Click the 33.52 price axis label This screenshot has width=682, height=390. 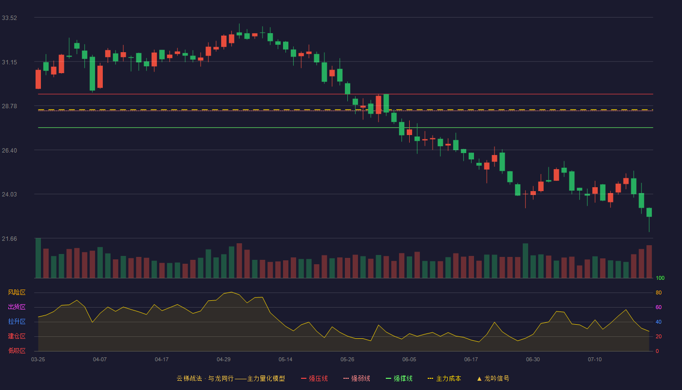[9, 18]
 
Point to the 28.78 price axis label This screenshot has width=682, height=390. [9, 106]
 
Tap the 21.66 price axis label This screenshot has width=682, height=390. [9, 239]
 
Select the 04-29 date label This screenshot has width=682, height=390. [224, 360]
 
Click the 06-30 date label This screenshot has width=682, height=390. [533, 360]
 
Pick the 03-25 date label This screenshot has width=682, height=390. [38, 360]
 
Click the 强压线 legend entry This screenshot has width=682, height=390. [314, 378]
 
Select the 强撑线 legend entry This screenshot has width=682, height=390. [399, 378]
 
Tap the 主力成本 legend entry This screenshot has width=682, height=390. [444, 378]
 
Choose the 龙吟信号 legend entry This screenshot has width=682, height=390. [493, 378]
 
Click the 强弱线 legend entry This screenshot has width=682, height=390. [357, 378]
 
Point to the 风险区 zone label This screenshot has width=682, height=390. [17, 292]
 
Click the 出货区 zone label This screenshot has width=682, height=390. [17, 307]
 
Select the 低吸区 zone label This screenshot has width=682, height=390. [17, 351]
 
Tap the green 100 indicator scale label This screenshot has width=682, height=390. [660, 278]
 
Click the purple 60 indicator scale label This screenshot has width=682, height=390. [659, 307]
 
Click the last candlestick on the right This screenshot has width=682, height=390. [649, 213]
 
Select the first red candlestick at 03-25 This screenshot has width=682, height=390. [38, 79]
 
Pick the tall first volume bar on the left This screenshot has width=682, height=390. [38, 258]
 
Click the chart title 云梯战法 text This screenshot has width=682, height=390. [189, 378]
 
